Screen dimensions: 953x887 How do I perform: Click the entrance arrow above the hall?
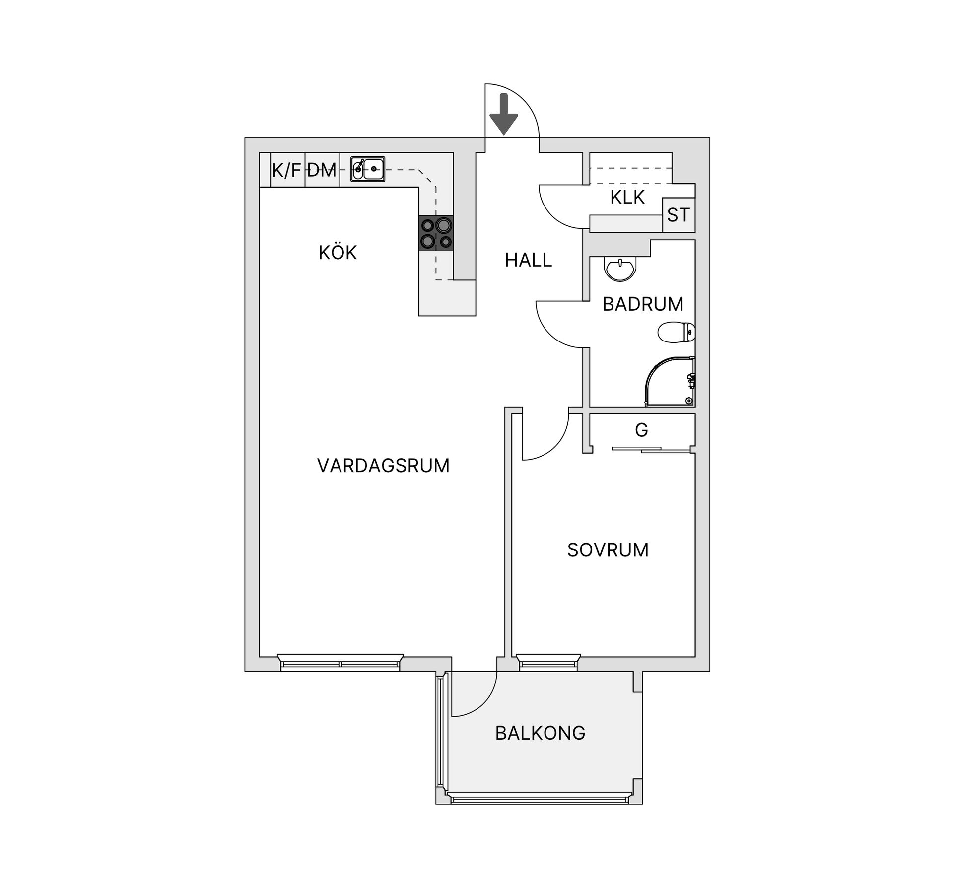tap(504, 114)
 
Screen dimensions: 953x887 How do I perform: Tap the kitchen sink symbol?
tap(368, 169)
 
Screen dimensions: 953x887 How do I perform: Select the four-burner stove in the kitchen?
tap(436, 233)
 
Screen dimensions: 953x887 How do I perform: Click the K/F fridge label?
tap(286, 171)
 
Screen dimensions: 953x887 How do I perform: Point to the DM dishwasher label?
tap(322, 171)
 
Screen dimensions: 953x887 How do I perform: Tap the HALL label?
tap(528, 260)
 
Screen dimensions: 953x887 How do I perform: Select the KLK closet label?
tap(627, 197)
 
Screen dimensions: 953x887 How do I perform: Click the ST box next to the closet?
tap(679, 215)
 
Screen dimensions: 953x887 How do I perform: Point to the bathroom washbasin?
tap(619, 269)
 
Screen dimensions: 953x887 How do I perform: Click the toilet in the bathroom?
tap(676, 332)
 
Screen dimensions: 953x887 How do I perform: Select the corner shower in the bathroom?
tap(670, 381)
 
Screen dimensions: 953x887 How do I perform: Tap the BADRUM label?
tap(643, 304)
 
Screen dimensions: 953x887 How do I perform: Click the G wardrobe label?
tap(641, 430)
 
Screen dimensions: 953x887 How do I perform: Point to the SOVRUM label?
tap(608, 550)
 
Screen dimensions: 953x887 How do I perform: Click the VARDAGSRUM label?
tap(383, 466)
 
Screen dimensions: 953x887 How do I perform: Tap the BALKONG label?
tap(540, 733)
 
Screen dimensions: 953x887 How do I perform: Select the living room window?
tap(340, 663)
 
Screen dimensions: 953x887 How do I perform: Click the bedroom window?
tap(548, 663)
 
